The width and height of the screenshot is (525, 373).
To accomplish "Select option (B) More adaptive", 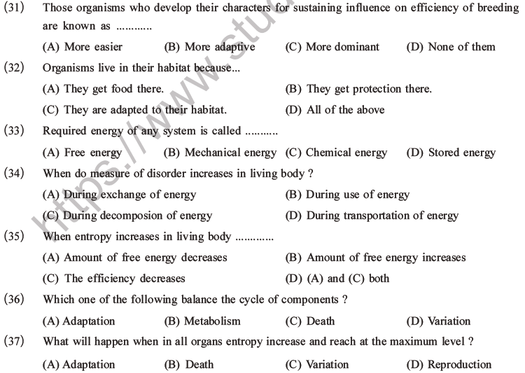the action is click(x=209, y=47).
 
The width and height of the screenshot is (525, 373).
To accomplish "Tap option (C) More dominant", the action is click(x=332, y=47).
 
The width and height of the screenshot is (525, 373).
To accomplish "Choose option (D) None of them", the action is click(x=450, y=47).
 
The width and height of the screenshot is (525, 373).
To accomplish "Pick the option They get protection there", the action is click(x=359, y=89).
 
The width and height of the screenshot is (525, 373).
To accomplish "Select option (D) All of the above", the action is click(x=335, y=110).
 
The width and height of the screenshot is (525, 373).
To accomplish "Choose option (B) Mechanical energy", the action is click(x=220, y=152).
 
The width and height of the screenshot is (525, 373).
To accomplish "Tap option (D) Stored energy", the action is click(x=450, y=152).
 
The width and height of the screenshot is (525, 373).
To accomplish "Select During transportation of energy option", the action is click(x=372, y=216).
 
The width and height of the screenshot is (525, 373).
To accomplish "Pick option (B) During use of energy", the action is click(x=348, y=195).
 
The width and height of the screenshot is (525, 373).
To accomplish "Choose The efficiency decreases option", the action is click(x=114, y=279).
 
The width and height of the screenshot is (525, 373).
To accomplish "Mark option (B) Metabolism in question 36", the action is click(x=202, y=321).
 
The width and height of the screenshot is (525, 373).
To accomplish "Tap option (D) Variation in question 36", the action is click(x=438, y=321).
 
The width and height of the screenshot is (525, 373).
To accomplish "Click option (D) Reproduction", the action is click(x=449, y=364).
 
